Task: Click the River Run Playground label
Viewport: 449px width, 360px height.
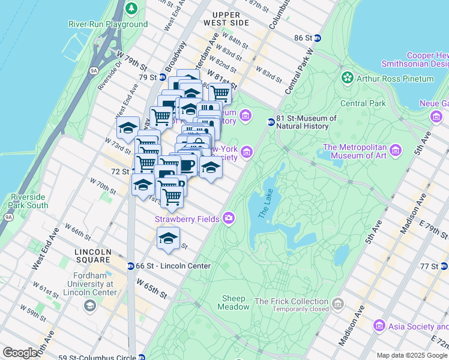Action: (x=107, y=24)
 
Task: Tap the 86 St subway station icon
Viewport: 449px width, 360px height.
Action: (x=318, y=38)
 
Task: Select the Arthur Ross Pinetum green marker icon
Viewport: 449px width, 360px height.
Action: (x=347, y=79)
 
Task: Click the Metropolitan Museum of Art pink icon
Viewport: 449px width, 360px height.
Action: (x=395, y=149)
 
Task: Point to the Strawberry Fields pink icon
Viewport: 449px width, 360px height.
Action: (x=229, y=218)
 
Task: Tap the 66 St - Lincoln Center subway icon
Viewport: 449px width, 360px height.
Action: (x=130, y=266)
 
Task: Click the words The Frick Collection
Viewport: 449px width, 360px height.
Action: (x=291, y=301)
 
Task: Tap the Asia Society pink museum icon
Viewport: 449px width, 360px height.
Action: (x=379, y=326)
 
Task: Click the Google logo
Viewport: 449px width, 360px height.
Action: (x=20, y=353)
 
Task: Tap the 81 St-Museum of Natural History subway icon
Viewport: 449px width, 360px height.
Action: (x=271, y=122)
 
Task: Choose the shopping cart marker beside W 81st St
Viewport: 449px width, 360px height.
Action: (x=220, y=94)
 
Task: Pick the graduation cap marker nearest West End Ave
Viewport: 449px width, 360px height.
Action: (x=128, y=127)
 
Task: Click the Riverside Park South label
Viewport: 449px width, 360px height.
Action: (x=29, y=201)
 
